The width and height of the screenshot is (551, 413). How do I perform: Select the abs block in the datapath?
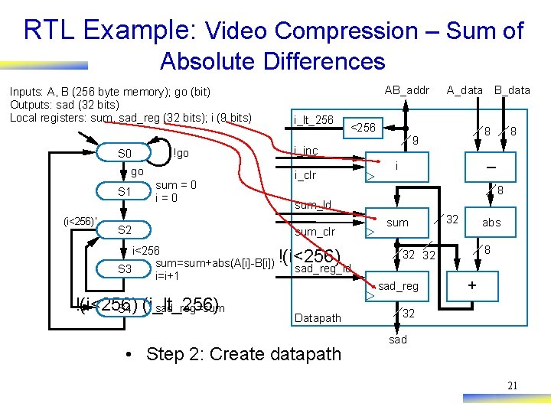[491, 223]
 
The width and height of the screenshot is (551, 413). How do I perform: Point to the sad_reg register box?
[398, 286]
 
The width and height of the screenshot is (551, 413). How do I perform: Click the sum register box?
[397, 223]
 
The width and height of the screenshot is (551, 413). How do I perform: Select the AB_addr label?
[406, 90]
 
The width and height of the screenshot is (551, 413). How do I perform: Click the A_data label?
[465, 90]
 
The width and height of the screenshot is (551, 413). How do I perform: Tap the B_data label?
[512, 90]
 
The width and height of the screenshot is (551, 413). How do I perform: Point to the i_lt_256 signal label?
[314, 120]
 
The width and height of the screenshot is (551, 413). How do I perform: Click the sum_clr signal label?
[315, 232]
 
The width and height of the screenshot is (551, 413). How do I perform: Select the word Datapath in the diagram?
[318, 317]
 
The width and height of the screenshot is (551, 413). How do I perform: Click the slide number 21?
[512, 385]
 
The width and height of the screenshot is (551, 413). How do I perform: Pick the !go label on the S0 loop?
[181, 154]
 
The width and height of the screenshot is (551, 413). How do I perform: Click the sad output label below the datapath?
[398, 340]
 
